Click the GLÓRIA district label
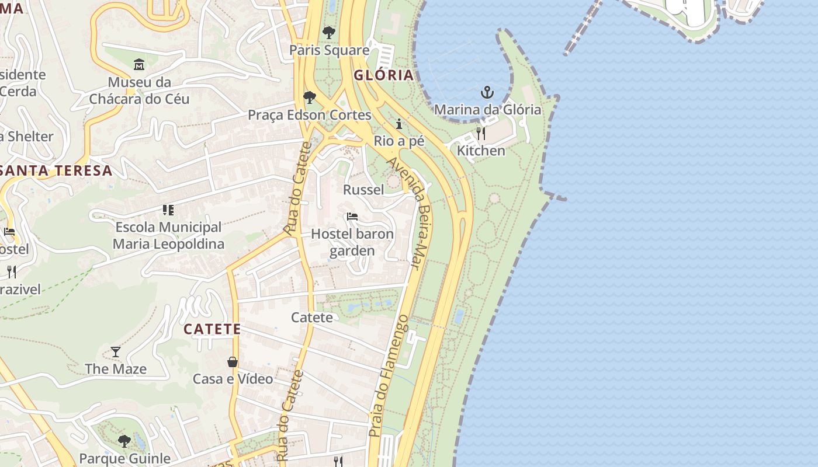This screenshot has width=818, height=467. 383,75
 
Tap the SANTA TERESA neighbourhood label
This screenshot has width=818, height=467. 56,170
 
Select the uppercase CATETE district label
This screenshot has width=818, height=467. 212,329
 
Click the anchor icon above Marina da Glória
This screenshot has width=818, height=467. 487,92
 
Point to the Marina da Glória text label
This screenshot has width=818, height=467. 487,110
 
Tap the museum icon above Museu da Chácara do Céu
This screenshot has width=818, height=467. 139,64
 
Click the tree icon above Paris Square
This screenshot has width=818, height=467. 329,32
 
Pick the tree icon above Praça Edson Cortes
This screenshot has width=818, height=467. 310,97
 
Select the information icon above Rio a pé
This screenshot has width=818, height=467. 399,124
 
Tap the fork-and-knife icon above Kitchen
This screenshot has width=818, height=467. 480,134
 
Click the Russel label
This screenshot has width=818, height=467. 363,190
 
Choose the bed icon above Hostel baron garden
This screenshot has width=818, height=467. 352,217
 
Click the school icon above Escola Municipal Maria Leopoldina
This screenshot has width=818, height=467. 168,210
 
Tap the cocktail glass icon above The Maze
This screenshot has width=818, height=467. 116,351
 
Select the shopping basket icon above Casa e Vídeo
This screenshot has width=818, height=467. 233,362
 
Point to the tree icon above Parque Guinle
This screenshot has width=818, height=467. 124,441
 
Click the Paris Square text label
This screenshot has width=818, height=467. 330,50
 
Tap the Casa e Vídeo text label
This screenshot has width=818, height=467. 233,379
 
